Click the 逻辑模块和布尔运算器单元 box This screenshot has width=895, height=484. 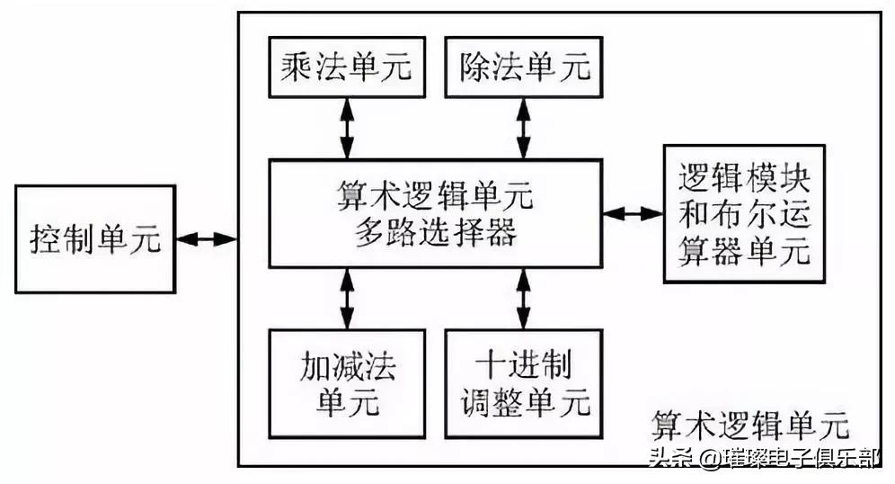743,214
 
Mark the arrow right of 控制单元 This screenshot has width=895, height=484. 207,239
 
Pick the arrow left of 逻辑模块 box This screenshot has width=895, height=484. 634,214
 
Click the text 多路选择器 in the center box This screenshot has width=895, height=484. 435,232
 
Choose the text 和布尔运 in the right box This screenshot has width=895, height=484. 743,214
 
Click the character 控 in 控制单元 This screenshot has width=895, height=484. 47,240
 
